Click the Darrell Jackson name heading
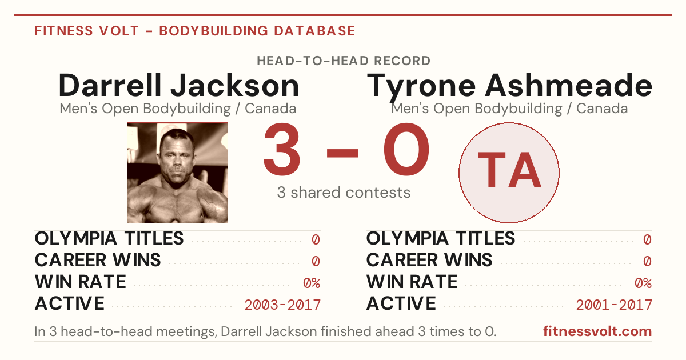point(178,86)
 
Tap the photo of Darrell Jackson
point(177,173)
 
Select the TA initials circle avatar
point(509,173)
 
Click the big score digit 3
point(281,149)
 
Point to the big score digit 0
point(406,149)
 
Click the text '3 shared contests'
point(344,193)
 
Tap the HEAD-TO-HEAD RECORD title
point(344,61)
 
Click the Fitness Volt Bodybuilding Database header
point(195,31)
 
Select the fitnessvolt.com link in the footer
point(597,331)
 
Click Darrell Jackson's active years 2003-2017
point(282,305)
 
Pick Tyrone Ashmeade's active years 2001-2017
point(614,305)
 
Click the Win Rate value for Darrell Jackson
point(312,283)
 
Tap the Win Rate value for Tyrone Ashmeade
point(643,283)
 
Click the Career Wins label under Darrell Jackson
point(98,260)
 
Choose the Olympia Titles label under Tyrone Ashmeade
point(441,238)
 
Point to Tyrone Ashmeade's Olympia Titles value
point(647,239)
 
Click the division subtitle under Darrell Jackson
point(178,109)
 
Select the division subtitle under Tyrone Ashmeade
point(509,109)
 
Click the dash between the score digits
point(342,153)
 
